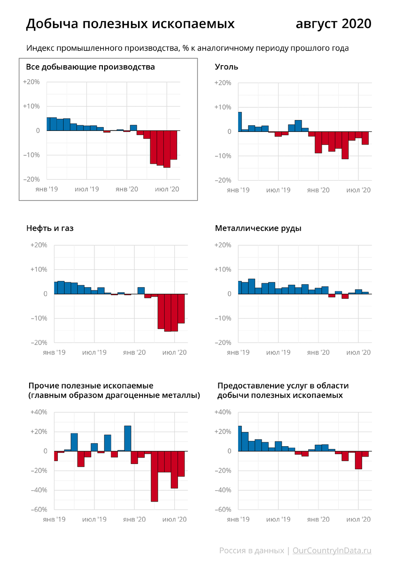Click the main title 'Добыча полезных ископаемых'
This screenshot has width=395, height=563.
point(130,24)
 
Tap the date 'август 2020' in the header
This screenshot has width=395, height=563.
point(333,24)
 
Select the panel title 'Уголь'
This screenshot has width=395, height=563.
point(226,67)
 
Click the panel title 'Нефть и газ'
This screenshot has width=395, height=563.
point(50,228)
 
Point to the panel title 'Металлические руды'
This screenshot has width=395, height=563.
point(258,228)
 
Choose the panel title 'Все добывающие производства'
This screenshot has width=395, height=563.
point(90,67)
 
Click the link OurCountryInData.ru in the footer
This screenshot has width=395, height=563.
point(332,550)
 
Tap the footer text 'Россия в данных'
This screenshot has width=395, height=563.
point(251,550)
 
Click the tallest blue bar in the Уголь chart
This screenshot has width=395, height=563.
point(240,122)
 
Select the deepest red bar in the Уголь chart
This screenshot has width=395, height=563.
point(345,145)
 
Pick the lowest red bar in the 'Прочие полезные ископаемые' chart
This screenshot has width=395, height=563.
point(154,476)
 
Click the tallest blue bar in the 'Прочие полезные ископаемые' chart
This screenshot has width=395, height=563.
point(127,438)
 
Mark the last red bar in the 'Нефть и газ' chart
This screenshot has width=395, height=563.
point(181,308)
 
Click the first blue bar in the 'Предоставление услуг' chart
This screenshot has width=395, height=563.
point(240,438)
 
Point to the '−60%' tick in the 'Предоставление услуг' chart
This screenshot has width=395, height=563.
point(223,510)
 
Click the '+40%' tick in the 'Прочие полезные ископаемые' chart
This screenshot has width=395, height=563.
point(39,412)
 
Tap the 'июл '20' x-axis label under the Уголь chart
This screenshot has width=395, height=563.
point(359,190)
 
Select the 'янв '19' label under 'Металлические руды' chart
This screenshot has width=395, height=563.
point(238,352)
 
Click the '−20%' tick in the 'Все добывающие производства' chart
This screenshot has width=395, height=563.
point(31,179)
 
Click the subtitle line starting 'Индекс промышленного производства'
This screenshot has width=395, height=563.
point(187,48)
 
